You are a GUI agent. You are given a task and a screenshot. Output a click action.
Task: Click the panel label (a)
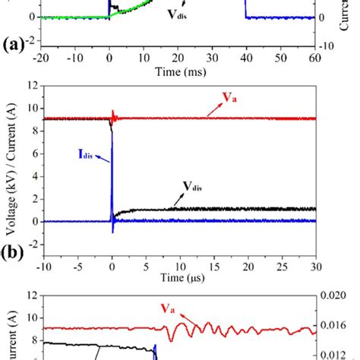[x=13, y=44]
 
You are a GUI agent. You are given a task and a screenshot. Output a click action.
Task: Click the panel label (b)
[x=13, y=247]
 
